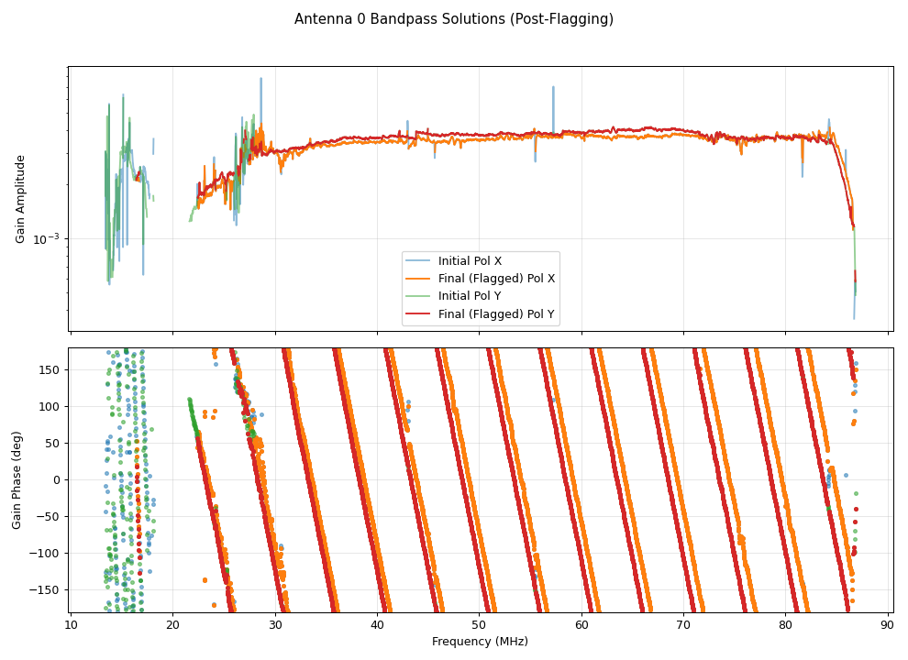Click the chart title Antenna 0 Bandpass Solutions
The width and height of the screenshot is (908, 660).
[x=453, y=19]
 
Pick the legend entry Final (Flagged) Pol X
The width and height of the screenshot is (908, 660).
[x=496, y=279]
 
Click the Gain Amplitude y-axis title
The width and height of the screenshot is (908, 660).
[x=20, y=198]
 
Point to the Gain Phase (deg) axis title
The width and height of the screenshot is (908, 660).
[x=17, y=480]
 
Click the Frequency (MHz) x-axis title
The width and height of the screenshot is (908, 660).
[x=480, y=642]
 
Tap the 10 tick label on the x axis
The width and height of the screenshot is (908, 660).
[x=71, y=625]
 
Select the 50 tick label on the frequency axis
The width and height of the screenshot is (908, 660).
[x=480, y=625]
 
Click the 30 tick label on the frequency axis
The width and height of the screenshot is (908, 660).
[x=275, y=625]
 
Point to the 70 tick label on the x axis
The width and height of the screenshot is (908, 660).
[x=683, y=625]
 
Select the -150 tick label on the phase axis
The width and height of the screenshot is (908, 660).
[x=46, y=589]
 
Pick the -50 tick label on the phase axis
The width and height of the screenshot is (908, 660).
[x=50, y=516]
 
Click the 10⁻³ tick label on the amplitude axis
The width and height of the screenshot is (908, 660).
[x=47, y=238]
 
